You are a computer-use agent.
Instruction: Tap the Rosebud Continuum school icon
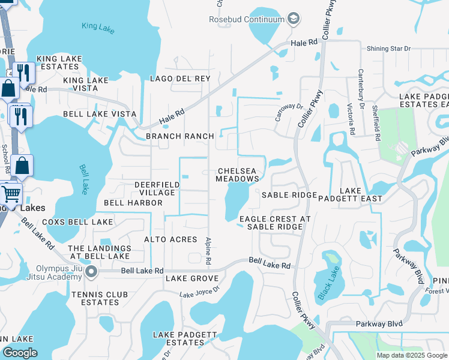point(294,19)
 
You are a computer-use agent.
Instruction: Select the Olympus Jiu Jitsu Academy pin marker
point(91,272)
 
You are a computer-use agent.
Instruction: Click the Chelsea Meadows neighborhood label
point(238,175)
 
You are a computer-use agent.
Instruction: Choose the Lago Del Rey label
point(181,79)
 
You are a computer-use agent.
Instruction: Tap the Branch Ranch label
point(180,136)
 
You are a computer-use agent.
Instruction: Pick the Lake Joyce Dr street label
point(200,292)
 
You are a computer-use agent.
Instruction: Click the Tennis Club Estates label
point(95,298)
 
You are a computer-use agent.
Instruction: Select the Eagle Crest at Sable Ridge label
point(275,223)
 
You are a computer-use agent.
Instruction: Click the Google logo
point(19,353)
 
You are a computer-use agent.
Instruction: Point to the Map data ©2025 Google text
point(411,355)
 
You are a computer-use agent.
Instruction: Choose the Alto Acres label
point(170,239)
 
